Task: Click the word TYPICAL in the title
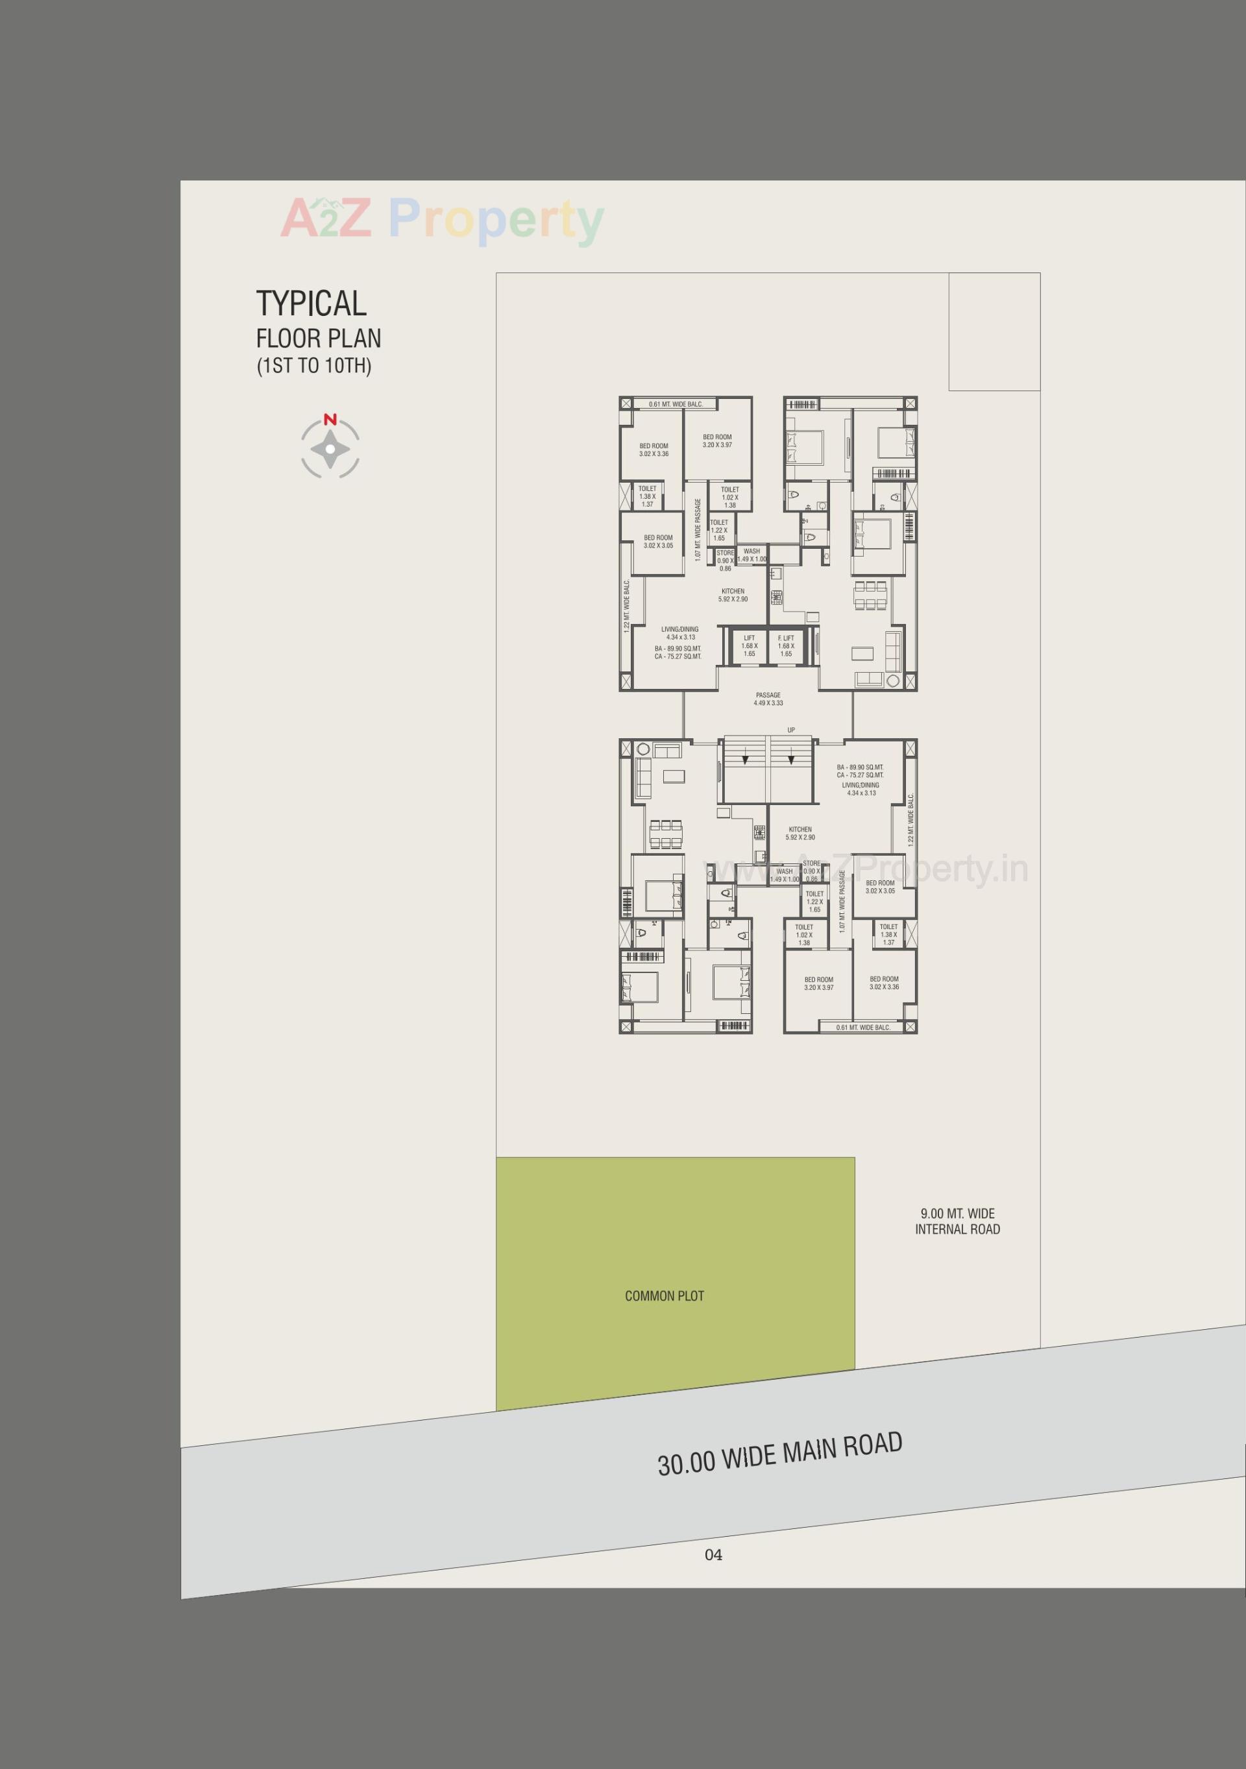coord(311,304)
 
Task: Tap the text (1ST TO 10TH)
coord(313,365)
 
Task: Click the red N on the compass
coord(330,420)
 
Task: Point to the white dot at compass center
coord(330,448)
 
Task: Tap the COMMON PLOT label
coord(665,1296)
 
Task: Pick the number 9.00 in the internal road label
coord(932,1214)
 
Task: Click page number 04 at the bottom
coord(714,1555)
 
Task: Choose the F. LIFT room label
coord(785,638)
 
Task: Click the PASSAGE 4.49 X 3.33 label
coord(768,699)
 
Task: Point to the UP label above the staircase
coord(790,730)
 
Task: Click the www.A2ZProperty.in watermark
coord(867,870)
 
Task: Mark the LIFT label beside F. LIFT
coord(749,638)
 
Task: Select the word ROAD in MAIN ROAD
coord(872,1445)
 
